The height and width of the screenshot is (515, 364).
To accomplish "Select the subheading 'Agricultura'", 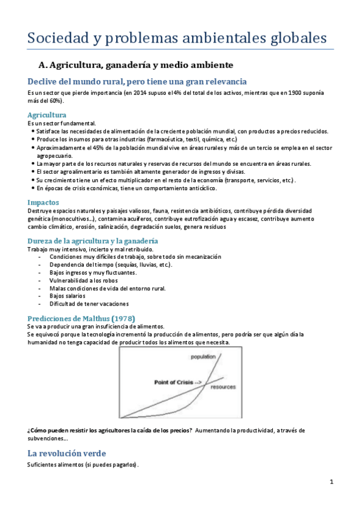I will (x=47, y=115).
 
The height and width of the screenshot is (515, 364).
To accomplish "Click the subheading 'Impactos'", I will (x=43, y=202).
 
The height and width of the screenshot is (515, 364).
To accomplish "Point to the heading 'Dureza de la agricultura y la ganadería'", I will (x=93, y=241).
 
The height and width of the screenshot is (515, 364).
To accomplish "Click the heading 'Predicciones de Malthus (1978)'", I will (x=81, y=318).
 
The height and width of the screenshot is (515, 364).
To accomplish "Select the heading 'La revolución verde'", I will (x=66, y=453).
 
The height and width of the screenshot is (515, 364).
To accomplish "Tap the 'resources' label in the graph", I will (x=223, y=387).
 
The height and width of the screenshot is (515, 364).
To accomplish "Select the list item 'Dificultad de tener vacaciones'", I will (x=89, y=304).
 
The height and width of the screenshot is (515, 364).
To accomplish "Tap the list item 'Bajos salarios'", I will (x=68, y=296).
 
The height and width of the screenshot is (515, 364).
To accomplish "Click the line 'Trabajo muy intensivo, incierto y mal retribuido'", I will (x=91, y=250).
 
